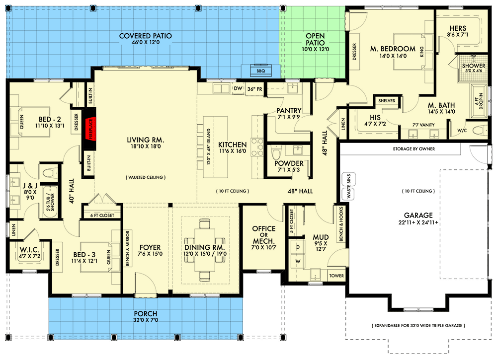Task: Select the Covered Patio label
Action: pyautogui.click(x=146, y=36)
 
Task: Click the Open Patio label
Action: pyautogui.click(x=315, y=39)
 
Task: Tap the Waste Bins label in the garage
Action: pyautogui.click(x=349, y=186)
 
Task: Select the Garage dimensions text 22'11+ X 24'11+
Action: pyautogui.click(x=418, y=222)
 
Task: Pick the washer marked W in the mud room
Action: pyautogui.click(x=298, y=262)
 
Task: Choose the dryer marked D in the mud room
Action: pyautogui.click(x=298, y=247)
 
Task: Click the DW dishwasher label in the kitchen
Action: pyautogui.click(x=238, y=88)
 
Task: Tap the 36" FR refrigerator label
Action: pyautogui.click(x=255, y=89)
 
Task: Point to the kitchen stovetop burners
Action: pyautogui.click(x=257, y=147)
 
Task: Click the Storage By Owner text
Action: pyautogui.click(x=414, y=149)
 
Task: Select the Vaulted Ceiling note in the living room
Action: pyautogui.click(x=146, y=177)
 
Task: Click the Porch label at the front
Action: pyautogui.click(x=146, y=313)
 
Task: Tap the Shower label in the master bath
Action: pyautogui.click(x=474, y=66)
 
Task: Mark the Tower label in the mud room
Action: pyautogui.click(x=336, y=276)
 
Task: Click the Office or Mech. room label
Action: pyautogui.click(x=264, y=234)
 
